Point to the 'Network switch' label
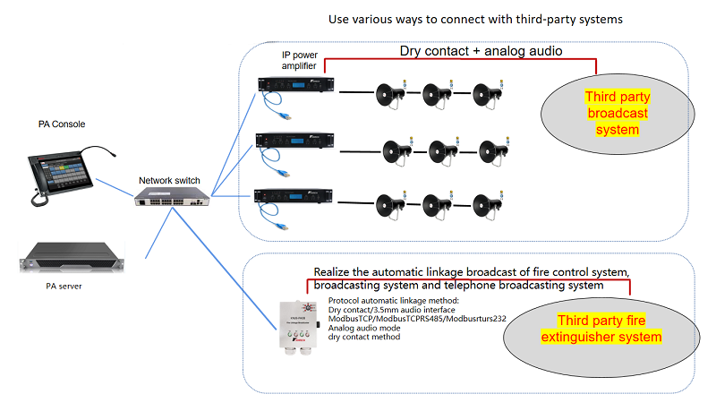click(168, 180)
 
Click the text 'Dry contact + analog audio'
click(480, 51)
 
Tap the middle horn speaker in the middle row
click(443, 150)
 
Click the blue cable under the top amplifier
click(272, 111)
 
